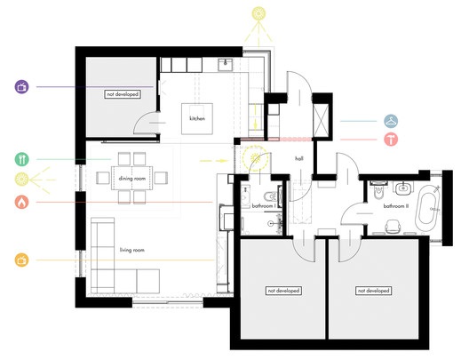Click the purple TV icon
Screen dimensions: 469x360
pos(22,87)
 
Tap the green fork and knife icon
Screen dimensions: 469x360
pos(22,159)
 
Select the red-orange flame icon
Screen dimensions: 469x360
pos(22,202)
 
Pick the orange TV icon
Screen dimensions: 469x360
pos(22,260)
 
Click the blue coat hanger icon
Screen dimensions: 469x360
pos(391,121)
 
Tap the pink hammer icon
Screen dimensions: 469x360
pos(391,140)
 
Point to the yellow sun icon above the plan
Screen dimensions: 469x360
pos(258,13)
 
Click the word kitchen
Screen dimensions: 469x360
pos(197,118)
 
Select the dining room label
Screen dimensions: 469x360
pos(132,179)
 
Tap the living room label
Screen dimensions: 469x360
pos(132,250)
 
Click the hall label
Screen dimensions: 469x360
pos(299,158)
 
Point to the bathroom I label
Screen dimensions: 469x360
pos(264,206)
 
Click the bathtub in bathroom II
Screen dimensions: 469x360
pos(428,209)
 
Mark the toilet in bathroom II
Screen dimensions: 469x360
pos(378,190)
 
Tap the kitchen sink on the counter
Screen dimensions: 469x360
pos(226,65)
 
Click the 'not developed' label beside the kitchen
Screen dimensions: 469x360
pos(123,94)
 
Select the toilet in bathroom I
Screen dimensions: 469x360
pos(270,196)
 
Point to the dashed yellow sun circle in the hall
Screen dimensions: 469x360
pos(255,157)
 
